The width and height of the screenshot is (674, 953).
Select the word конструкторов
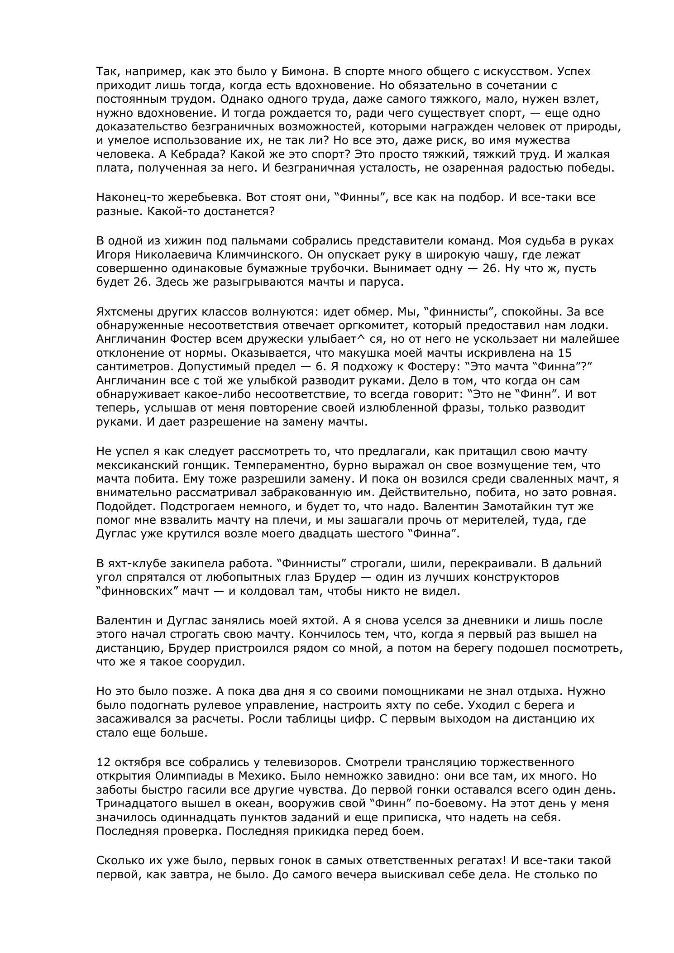[x=514, y=577]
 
